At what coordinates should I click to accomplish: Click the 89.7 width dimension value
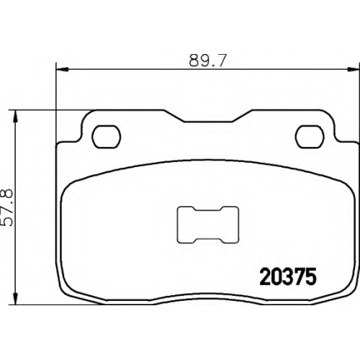click(207, 60)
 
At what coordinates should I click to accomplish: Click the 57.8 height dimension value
click(6, 207)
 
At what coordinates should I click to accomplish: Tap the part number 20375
click(287, 276)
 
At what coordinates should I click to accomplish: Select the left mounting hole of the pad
click(106, 137)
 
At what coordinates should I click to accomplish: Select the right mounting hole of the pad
click(310, 137)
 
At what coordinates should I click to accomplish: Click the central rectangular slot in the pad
click(208, 225)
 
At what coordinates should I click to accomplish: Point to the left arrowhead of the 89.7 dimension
click(62, 70)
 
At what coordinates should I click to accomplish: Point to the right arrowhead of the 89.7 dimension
click(354, 70)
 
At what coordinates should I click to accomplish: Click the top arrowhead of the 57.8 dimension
click(16, 117)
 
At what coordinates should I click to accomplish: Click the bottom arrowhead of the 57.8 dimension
click(16, 299)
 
